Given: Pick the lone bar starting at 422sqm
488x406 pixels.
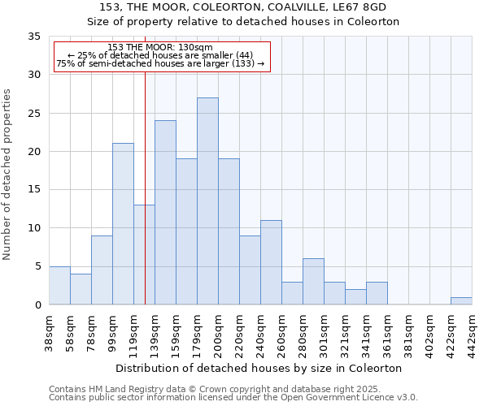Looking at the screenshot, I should (x=461, y=300).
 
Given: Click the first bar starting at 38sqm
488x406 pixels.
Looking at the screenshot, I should (x=59, y=285).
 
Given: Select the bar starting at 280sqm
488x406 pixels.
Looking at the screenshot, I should (x=313, y=282).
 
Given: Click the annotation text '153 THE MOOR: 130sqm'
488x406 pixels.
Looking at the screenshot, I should (x=160, y=48).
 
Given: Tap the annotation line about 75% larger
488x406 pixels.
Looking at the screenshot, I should (x=160, y=63).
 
